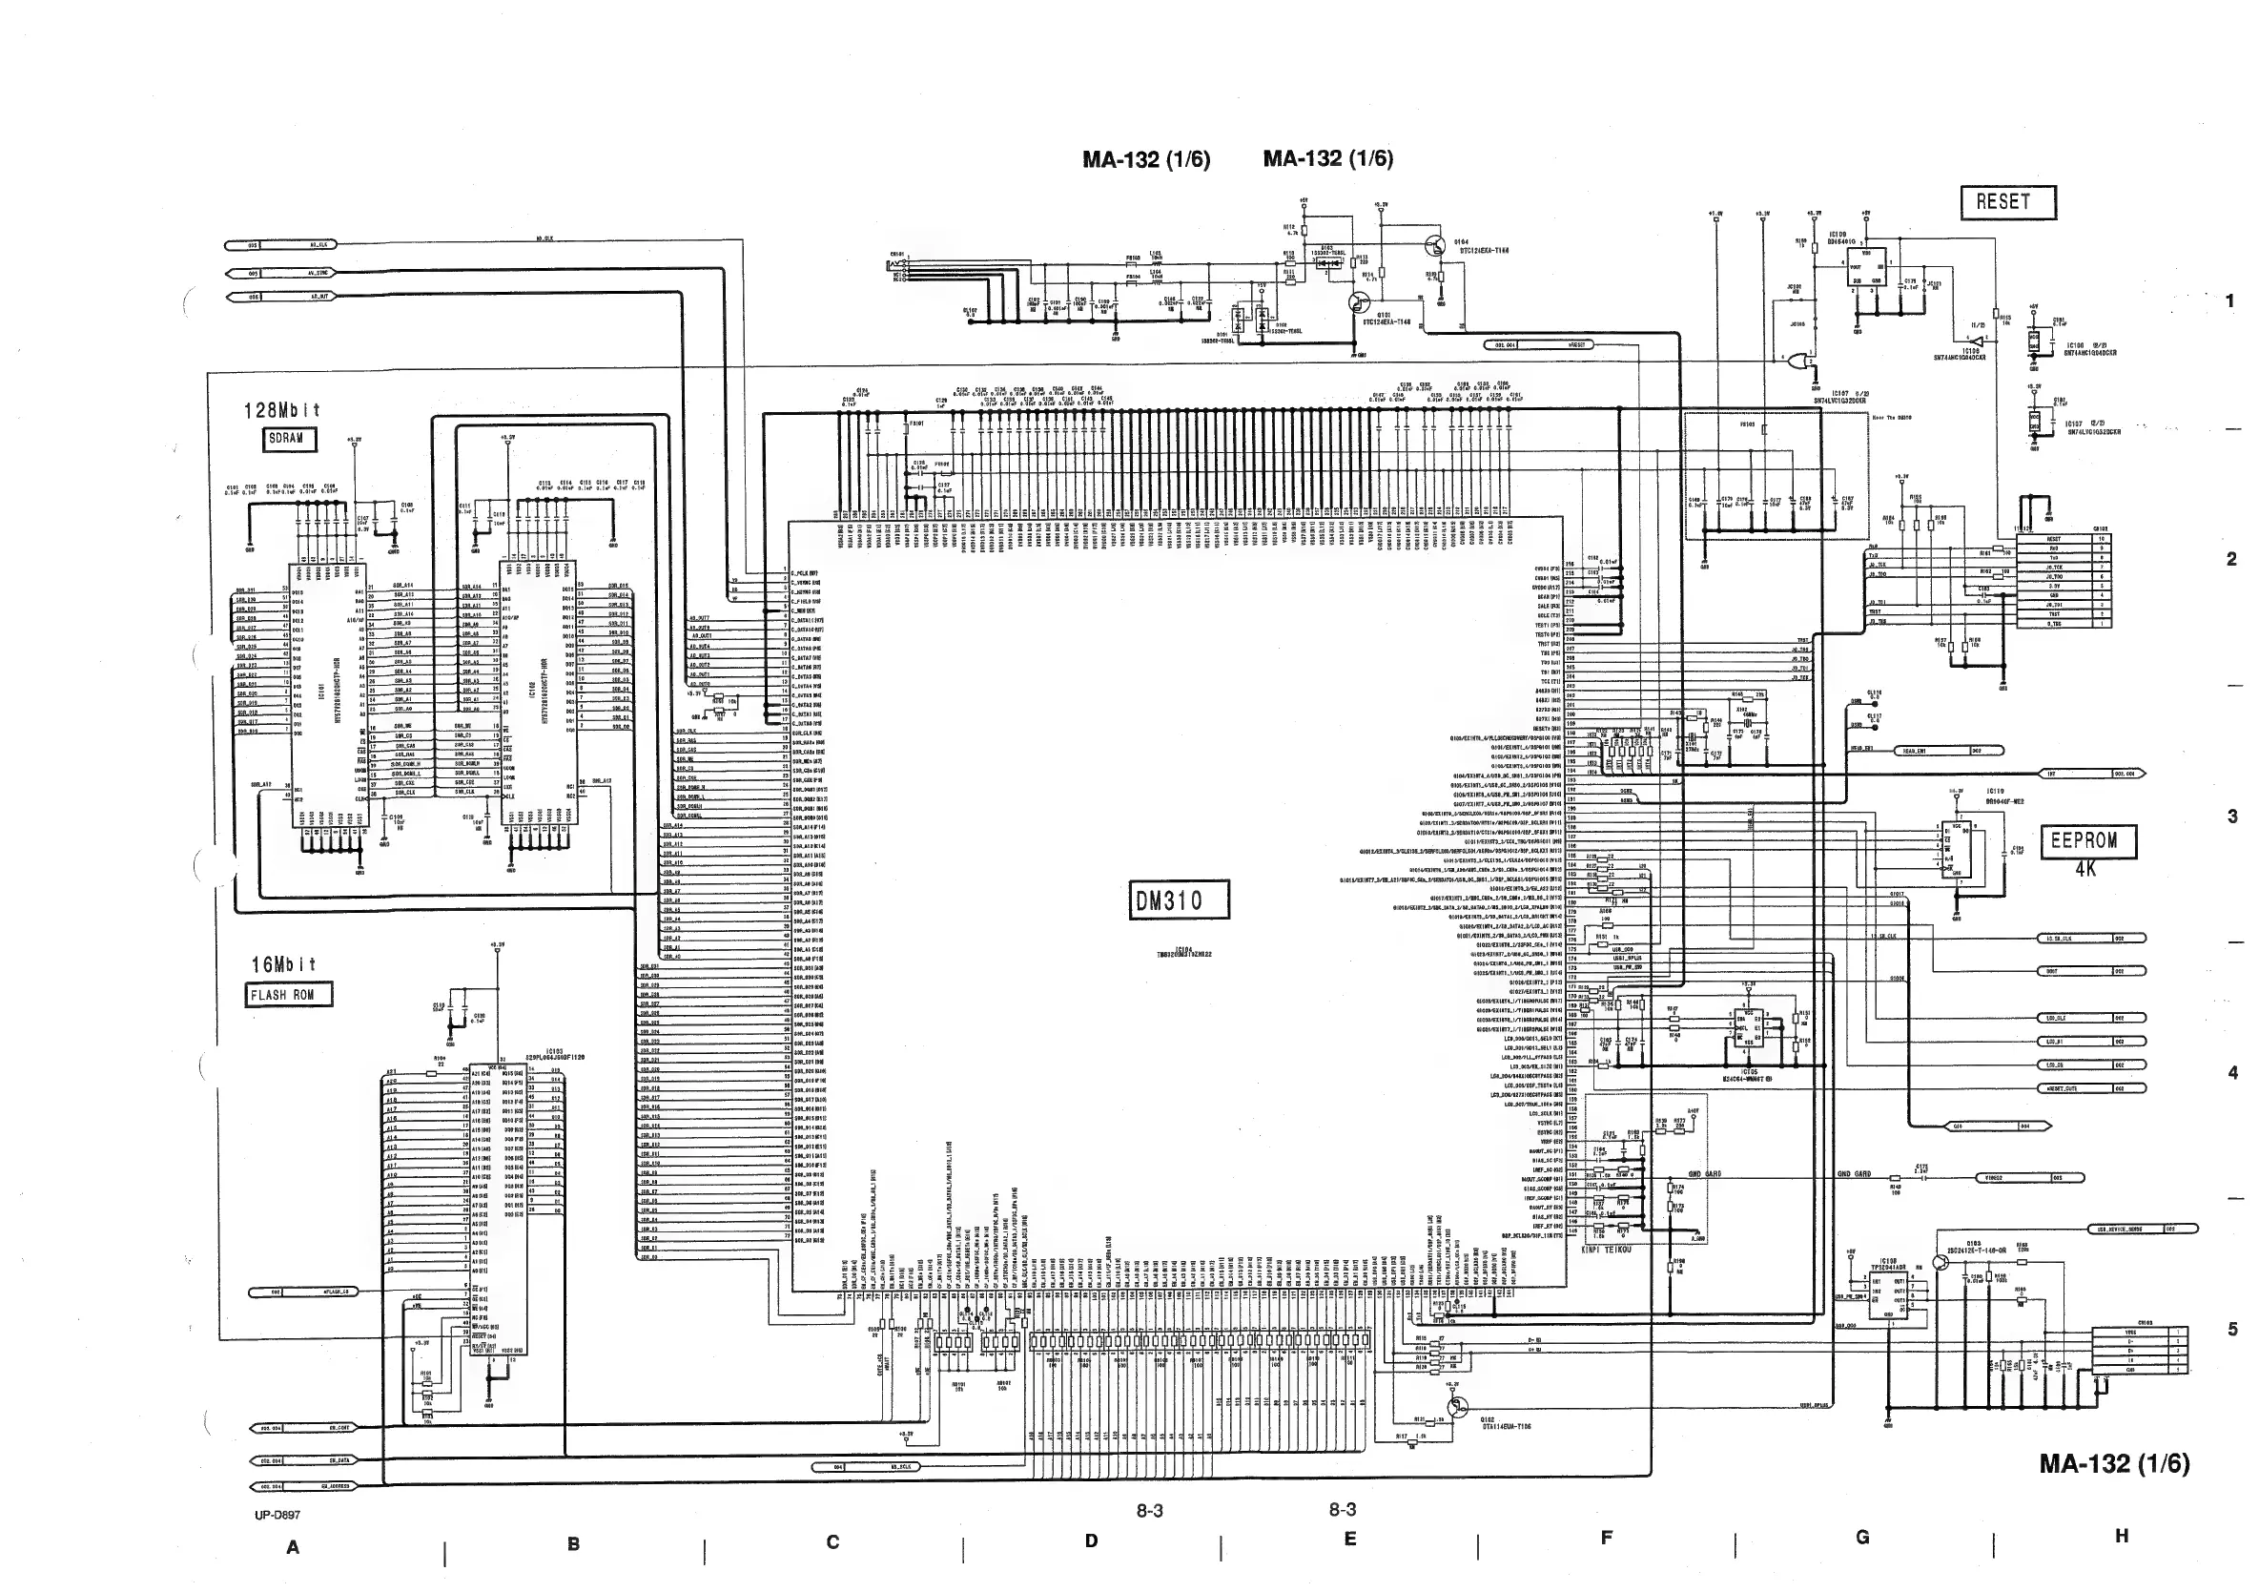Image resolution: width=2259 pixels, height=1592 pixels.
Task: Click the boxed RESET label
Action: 2008,202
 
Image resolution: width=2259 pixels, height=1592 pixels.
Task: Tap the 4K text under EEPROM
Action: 2085,870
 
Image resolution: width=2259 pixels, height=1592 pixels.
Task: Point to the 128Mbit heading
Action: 282,410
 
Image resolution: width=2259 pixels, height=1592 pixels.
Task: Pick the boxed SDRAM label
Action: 289,439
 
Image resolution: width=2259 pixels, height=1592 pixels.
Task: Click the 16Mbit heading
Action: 283,965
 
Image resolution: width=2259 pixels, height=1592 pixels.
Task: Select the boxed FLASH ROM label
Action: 288,995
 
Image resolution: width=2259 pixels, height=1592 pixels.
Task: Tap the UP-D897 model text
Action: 277,1516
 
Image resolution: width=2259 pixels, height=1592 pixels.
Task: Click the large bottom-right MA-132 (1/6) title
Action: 2113,1464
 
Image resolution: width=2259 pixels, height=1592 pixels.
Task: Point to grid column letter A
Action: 292,1548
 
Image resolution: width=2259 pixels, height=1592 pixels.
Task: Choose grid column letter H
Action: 2122,1536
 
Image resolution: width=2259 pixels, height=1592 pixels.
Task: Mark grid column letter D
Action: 1091,1541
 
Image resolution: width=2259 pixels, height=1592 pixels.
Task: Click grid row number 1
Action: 2230,301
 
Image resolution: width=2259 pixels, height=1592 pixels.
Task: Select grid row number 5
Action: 2232,1330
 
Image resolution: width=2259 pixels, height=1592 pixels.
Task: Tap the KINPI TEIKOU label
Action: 1606,1250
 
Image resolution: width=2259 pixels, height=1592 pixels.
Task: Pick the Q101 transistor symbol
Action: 1359,302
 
